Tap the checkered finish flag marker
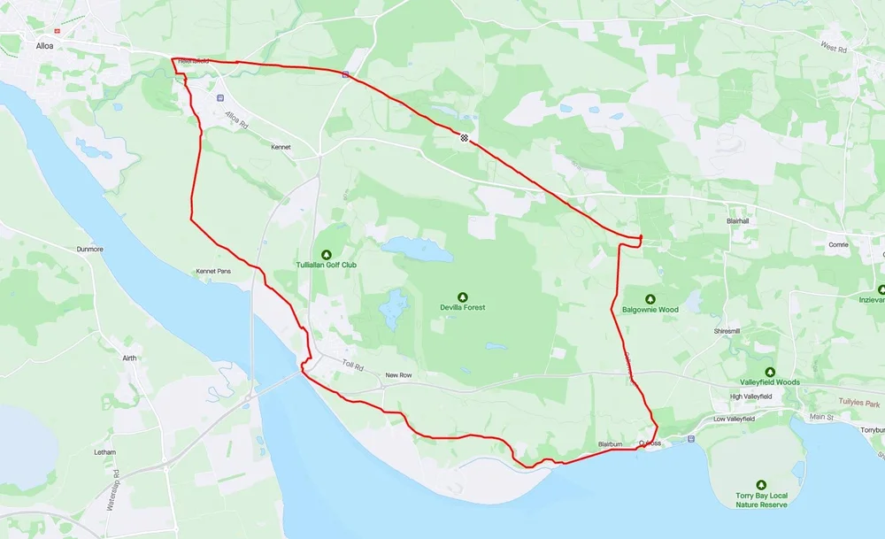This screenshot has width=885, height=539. pyautogui.click(x=464, y=136)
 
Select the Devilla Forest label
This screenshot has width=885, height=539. pyautogui.click(x=463, y=308)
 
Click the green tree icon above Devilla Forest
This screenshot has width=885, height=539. pyautogui.click(x=462, y=296)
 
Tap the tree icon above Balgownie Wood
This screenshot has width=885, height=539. pyautogui.click(x=650, y=298)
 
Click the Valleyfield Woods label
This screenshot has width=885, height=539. pyautogui.click(x=770, y=382)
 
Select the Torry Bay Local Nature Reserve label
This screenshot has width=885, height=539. pyautogui.click(x=750, y=500)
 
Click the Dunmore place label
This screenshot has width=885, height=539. pyautogui.click(x=90, y=250)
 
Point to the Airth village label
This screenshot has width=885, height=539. pyautogui.click(x=130, y=358)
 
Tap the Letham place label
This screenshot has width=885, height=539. pyautogui.click(x=104, y=452)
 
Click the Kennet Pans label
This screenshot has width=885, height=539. pyautogui.click(x=213, y=271)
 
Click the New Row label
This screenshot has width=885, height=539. pyautogui.click(x=398, y=375)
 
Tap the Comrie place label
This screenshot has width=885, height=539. pyautogui.click(x=838, y=244)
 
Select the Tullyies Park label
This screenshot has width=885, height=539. pyautogui.click(x=841, y=403)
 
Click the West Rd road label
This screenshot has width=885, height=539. pyautogui.click(x=834, y=47)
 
